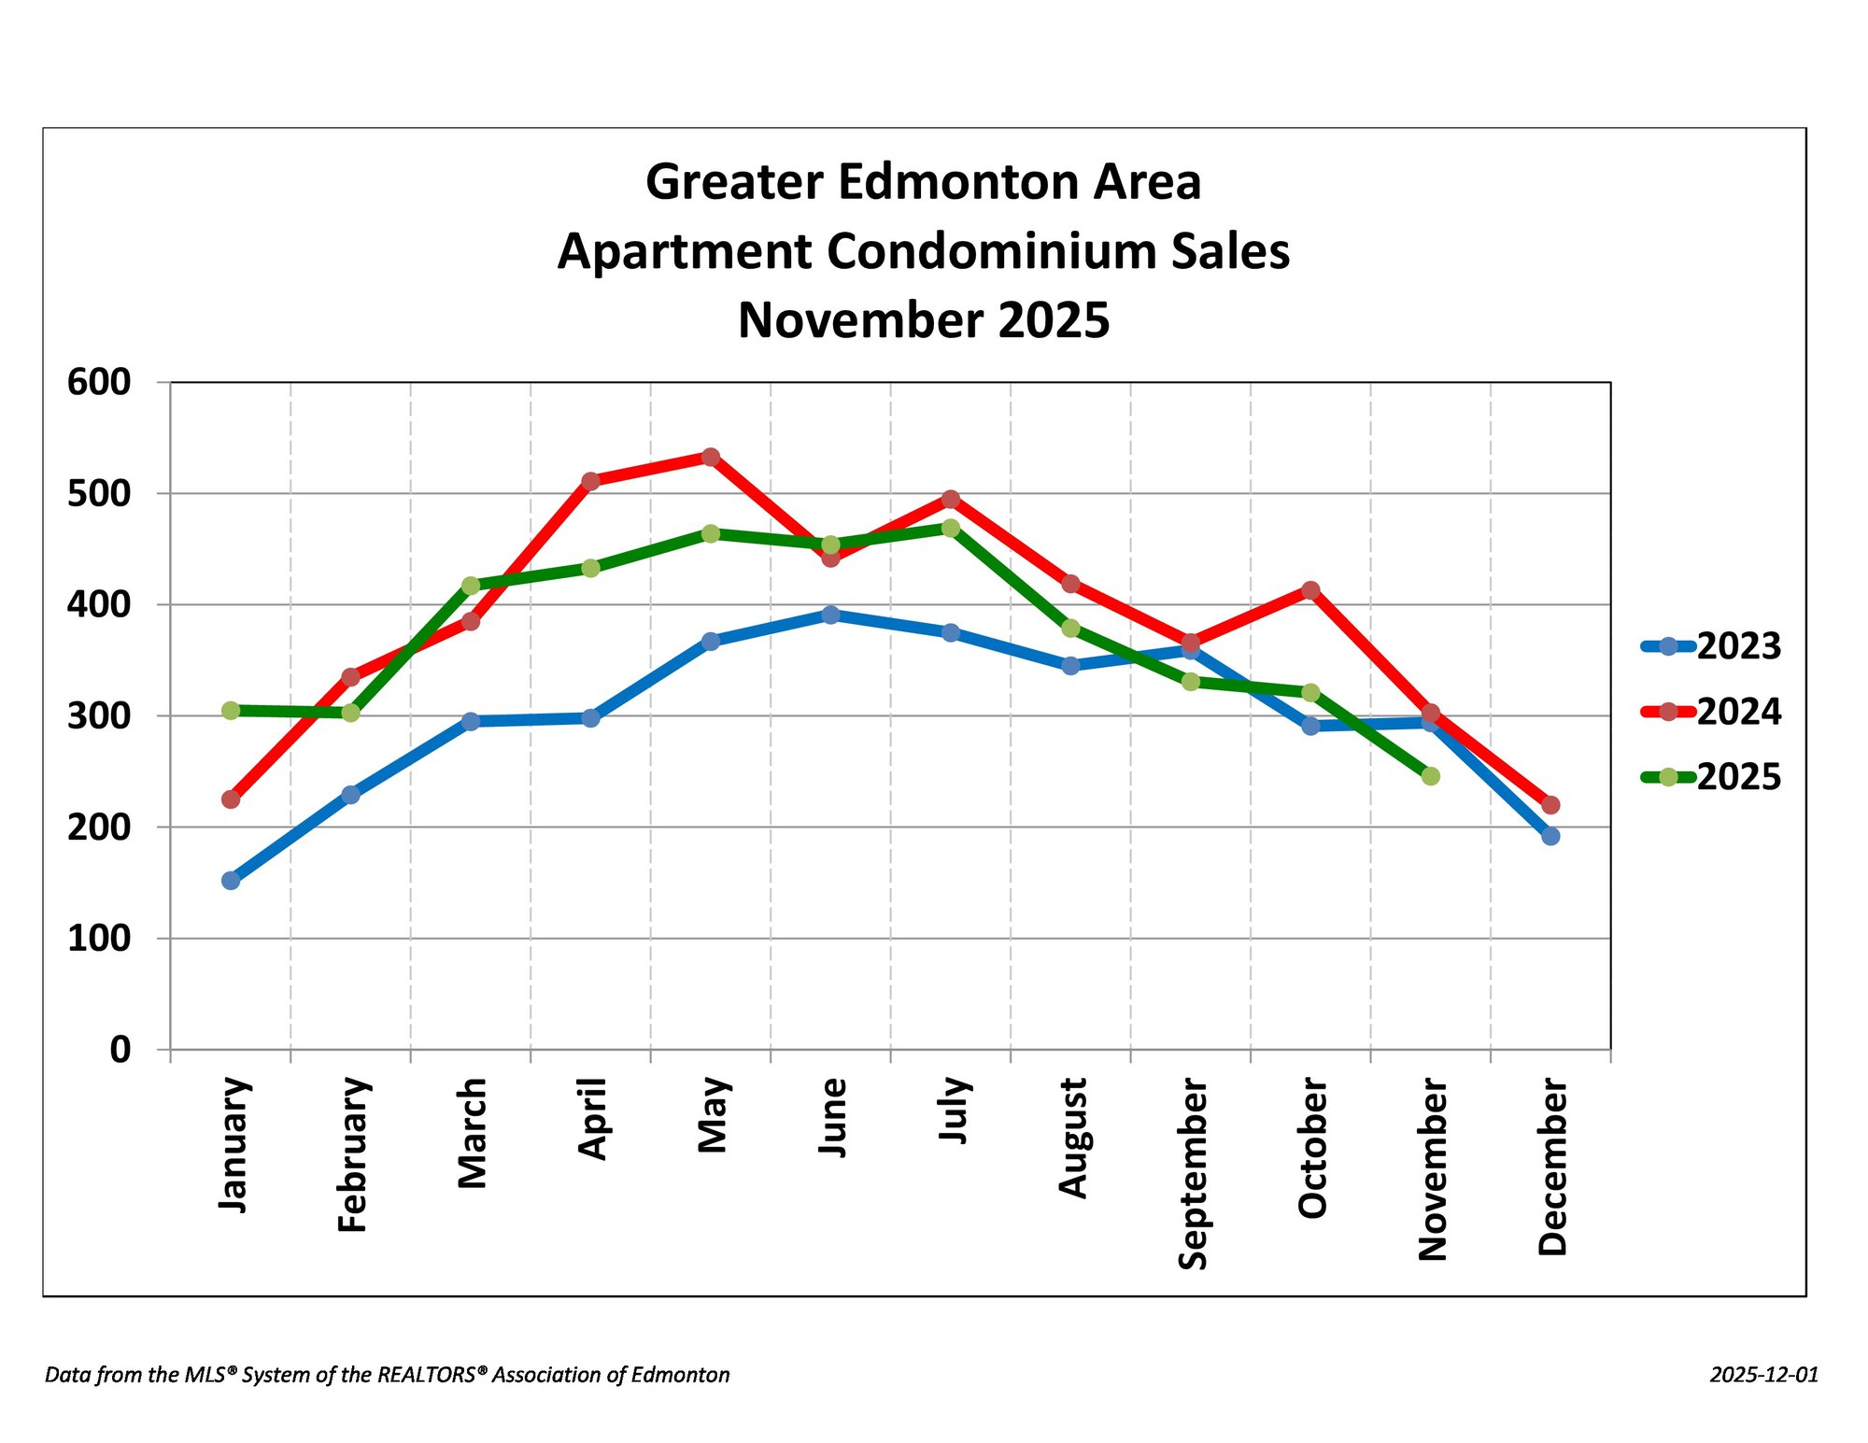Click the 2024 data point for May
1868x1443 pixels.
coord(711,457)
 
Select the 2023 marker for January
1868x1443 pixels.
coord(231,880)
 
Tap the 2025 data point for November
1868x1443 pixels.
coord(1430,776)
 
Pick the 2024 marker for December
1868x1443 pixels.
coord(1550,804)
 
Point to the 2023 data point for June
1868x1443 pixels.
coord(830,615)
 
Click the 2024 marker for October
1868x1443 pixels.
coord(1310,590)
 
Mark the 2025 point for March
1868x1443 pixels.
coord(471,586)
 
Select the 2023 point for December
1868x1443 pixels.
coord(1550,836)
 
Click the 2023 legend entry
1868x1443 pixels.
coord(1711,646)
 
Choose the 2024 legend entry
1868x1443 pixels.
coord(1711,712)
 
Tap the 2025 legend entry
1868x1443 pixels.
coord(1711,777)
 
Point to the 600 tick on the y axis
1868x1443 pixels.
coord(99,382)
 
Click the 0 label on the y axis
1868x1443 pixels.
coord(120,1050)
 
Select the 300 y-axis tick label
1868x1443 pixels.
coord(99,716)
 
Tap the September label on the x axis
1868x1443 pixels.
coord(1193,1174)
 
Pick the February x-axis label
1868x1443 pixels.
coord(353,1154)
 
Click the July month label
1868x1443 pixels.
coord(955,1110)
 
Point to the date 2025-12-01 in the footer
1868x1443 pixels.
coord(1764,1375)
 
